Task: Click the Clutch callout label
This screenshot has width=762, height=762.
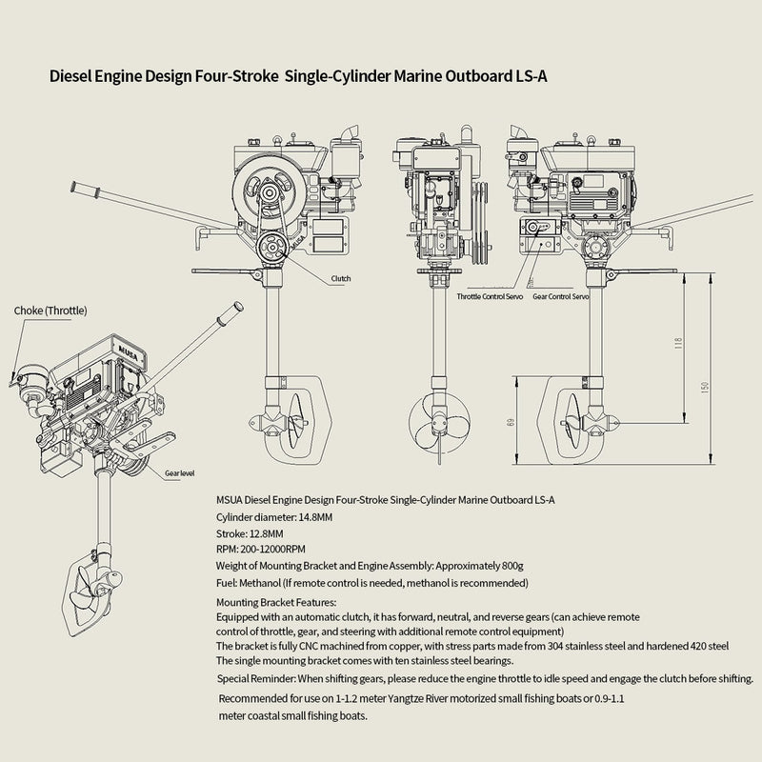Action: (340, 278)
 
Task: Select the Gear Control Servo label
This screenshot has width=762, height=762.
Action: (560, 296)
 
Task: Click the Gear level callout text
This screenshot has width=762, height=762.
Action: (180, 471)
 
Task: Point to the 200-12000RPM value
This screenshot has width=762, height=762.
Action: (276, 550)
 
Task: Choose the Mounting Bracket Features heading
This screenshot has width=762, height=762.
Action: (276, 602)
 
